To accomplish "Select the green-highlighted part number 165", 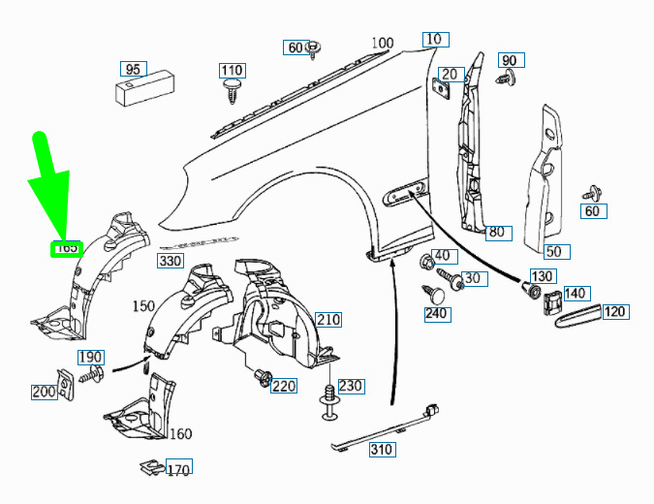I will point(67,248).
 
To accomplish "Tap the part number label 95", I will point(133,69).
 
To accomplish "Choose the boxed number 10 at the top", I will point(433,40).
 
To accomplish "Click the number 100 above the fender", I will point(383,43).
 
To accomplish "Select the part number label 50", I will point(553,252).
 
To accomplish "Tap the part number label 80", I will point(497,233).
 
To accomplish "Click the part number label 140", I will point(576,293).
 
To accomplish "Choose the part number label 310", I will point(382,449).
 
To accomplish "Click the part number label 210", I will point(328,320).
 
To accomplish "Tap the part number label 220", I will point(283,386).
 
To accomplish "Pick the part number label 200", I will point(45,392).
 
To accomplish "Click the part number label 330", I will point(171,261).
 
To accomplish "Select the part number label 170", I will point(178,471).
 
